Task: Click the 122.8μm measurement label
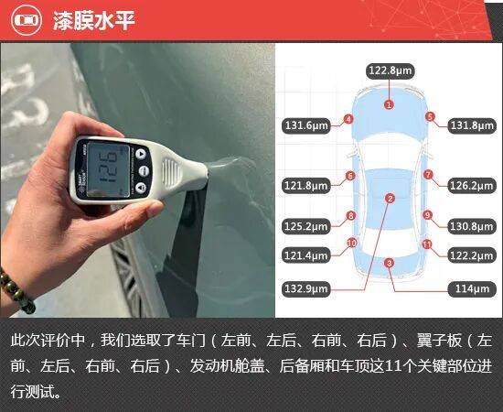click(391, 71)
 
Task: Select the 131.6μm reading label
click(306, 125)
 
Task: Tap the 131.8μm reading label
click(472, 125)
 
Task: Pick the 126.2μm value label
click(472, 186)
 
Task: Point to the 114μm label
click(472, 288)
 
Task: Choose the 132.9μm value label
click(306, 288)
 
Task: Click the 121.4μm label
click(306, 255)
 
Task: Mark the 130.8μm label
click(472, 226)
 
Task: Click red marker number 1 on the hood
click(389, 104)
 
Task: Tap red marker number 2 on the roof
click(391, 199)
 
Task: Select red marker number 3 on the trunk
click(389, 264)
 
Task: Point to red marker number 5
click(430, 116)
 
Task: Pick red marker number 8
click(351, 215)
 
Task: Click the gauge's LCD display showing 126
click(108, 168)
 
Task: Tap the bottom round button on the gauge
click(141, 187)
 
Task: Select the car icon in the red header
click(27, 20)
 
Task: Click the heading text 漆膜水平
click(93, 20)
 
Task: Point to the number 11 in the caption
click(392, 366)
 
